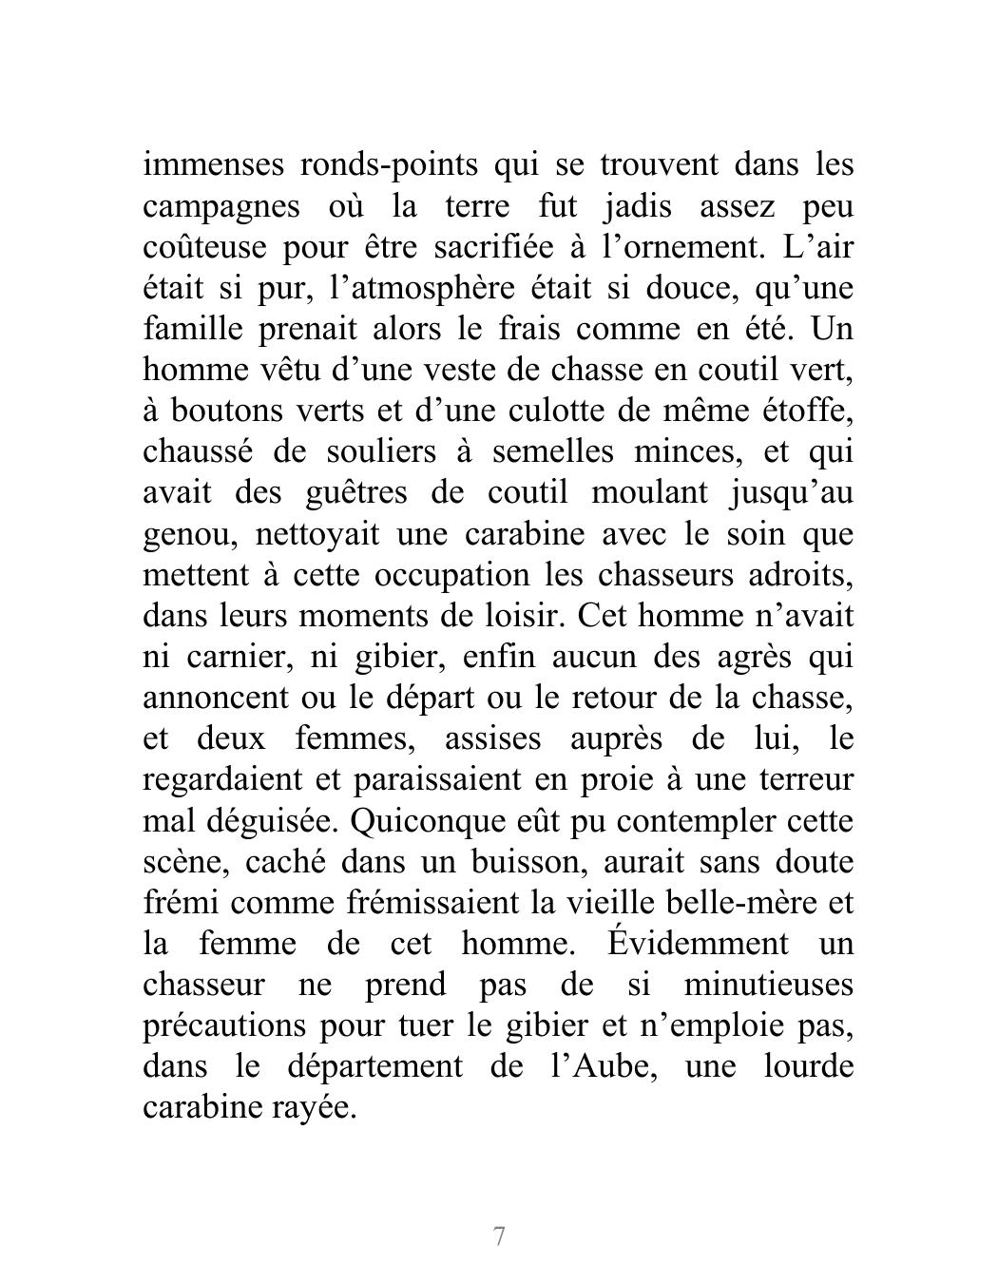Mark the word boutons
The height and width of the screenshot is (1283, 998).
coord(217,411)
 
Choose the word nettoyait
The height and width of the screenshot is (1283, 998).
coord(317,533)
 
